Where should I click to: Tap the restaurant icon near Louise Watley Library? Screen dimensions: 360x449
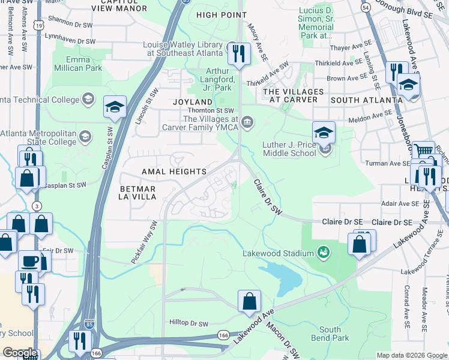239,53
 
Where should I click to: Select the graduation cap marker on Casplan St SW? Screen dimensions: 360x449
115,107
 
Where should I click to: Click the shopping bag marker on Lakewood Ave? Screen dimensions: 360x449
249,302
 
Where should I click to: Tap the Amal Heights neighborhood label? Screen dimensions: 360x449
174,172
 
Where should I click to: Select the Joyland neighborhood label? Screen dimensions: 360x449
193,102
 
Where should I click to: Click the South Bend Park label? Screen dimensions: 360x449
330,334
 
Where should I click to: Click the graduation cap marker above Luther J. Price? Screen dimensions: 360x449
324,132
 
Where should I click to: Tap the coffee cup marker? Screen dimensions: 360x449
30,262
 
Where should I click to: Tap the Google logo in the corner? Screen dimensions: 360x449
20,353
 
